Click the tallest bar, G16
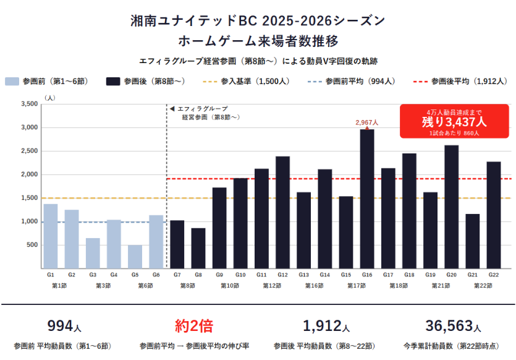(367, 199)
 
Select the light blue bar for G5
(135, 257)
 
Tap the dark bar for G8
(198, 248)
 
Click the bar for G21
(472, 241)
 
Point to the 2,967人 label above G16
(366, 123)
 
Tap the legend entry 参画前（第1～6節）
(48, 81)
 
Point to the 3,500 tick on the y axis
(29, 104)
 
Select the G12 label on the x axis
(282, 274)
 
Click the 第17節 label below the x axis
(357, 285)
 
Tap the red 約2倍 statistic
(193, 325)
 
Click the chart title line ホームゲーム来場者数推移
(258, 41)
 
